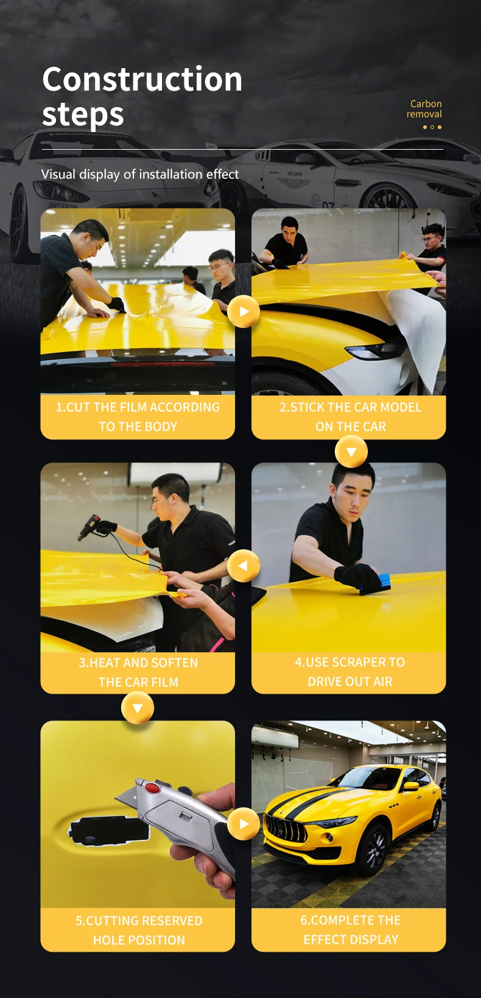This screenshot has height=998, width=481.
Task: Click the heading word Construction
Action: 142,80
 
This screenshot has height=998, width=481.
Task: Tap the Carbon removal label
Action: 424,109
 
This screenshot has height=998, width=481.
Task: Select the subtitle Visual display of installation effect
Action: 140,174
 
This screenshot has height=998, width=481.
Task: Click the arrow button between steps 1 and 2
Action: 244,312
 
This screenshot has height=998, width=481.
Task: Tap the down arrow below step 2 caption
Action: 351,452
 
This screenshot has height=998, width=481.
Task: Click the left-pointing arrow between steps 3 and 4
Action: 244,565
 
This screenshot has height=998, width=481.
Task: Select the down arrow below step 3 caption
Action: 138,708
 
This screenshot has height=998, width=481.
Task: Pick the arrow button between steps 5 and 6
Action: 244,824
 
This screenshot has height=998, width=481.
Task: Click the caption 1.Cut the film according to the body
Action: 138,417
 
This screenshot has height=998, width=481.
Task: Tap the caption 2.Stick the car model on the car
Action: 350,417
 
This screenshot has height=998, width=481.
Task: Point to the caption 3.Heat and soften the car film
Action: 138,672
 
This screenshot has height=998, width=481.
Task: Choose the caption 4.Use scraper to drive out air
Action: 350,672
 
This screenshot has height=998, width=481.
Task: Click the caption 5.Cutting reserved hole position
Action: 138,930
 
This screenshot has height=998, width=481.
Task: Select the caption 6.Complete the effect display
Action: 350,929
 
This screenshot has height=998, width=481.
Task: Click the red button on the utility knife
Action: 152,788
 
